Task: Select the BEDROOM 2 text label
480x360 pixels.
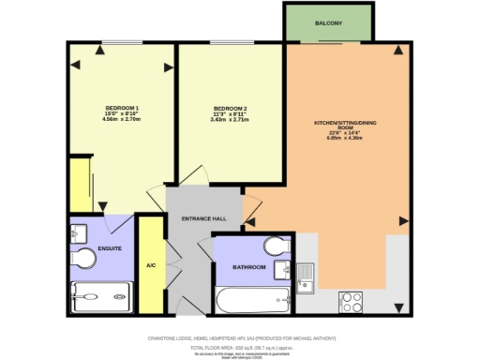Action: (x=229, y=108)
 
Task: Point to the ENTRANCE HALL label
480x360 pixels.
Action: (x=204, y=218)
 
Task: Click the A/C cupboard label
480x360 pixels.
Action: (x=150, y=265)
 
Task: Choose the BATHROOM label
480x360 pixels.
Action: (x=249, y=268)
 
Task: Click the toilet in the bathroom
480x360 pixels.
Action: (x=275, y=247)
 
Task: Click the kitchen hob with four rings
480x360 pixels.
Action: (x=352, y=301)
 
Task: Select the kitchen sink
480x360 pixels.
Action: (x=306, y=277)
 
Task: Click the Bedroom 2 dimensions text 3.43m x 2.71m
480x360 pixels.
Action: (x=229, y=120)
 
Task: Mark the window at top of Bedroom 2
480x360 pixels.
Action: (x=229, y=41)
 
